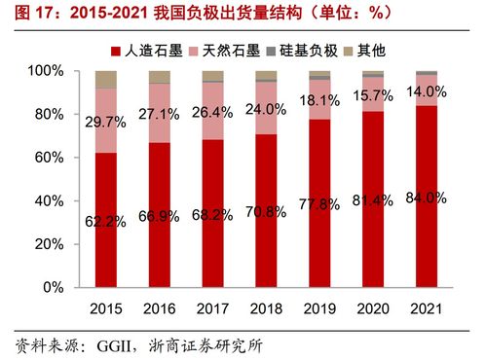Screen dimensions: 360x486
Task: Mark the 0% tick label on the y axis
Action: (x=55, y=288)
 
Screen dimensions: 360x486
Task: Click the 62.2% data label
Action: (x=107, y=221)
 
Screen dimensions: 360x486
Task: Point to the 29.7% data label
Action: (x=107, y=122)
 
